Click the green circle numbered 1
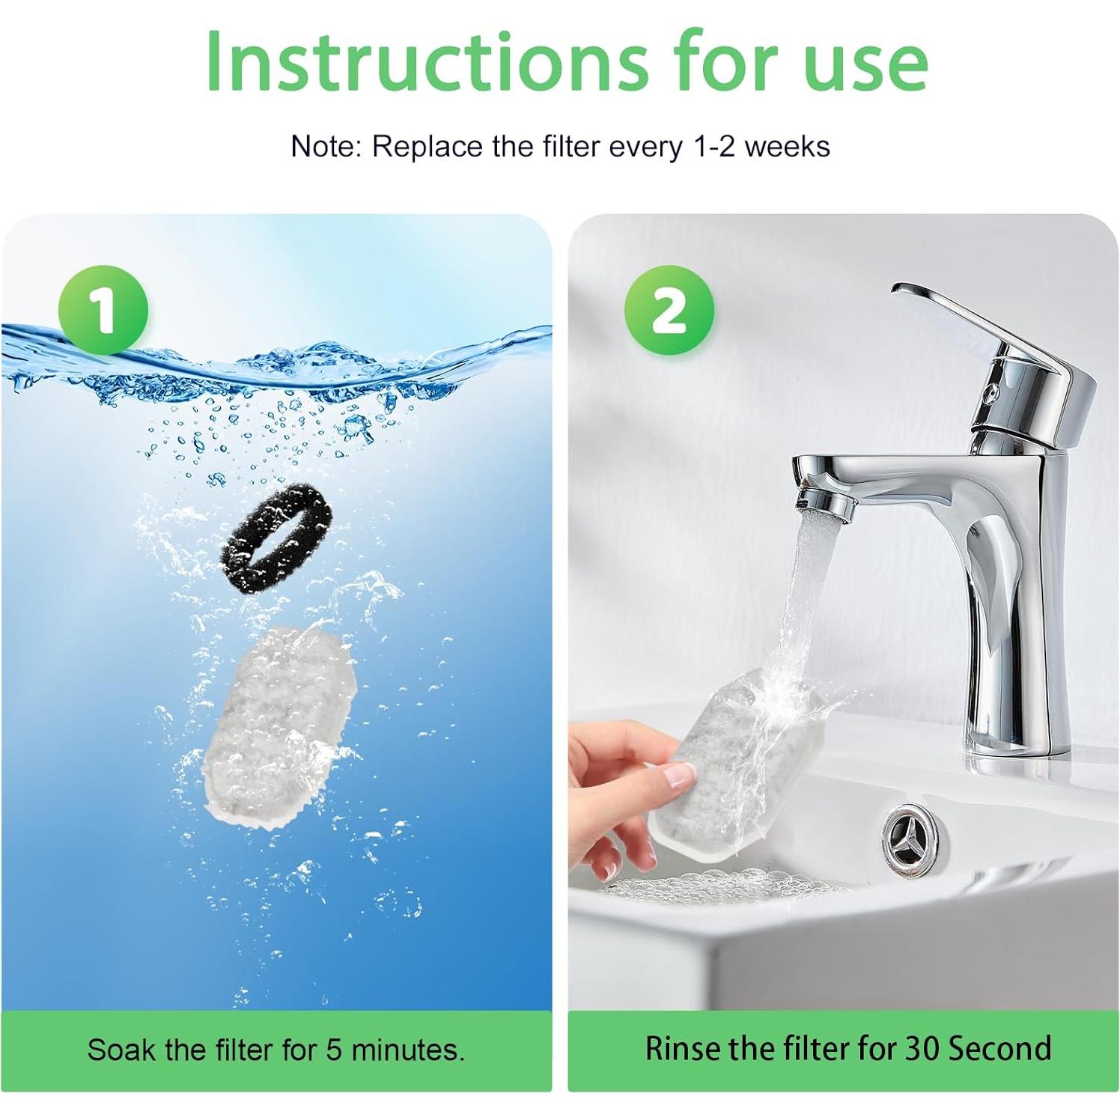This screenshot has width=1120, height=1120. point(103,310)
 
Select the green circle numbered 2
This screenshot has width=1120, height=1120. point(669,310)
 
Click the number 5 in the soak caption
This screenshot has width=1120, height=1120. point(334,1050)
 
